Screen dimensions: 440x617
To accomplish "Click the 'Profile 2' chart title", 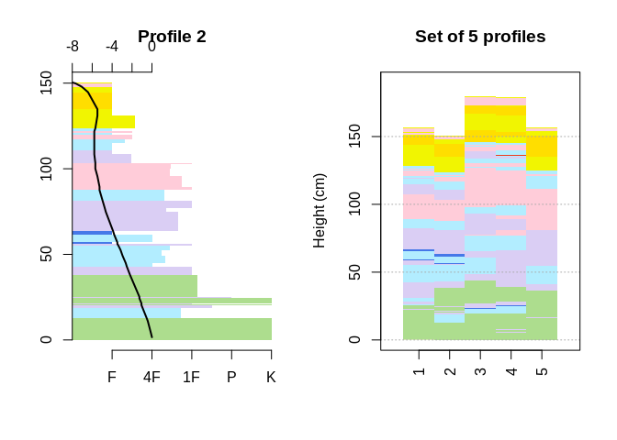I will (x=172, y=37).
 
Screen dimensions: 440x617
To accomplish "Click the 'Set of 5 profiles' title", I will (x=480, y=37).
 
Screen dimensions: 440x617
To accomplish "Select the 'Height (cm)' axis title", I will (x=320, y=211).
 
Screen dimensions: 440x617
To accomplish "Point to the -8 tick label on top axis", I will (x=73, y=47).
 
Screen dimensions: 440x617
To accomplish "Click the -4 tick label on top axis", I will (x=112, y=47).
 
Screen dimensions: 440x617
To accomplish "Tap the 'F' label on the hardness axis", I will (x=112, y=377).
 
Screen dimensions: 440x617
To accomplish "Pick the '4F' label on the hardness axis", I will (x=151, y=377).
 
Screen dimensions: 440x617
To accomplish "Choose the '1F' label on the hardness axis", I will (x=191, y=377).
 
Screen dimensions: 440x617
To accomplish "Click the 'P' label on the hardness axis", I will (x=231, y=377).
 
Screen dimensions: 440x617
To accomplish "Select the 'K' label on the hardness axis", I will (x=271, y=377).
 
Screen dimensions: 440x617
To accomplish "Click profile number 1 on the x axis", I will (x=420, y=371).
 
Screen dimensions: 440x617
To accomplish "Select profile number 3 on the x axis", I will (x=480, y=371).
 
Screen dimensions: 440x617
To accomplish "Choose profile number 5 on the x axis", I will (x=541, y=371).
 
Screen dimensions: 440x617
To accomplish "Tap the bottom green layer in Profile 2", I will (x=172, y=329).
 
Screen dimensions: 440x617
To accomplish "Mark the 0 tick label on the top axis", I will (x=151, y=47).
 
